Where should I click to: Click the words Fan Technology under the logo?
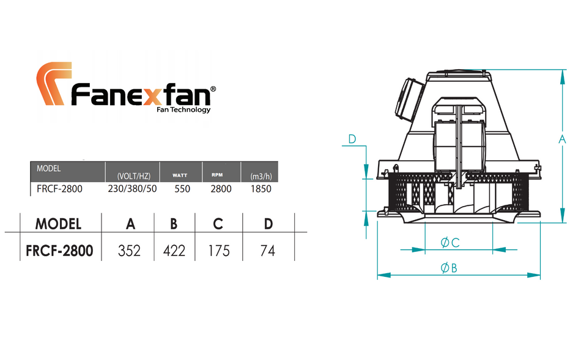[183, 110]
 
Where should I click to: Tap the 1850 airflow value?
[261, 189]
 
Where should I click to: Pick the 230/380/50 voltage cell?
[132, 189]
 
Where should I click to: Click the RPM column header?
[217, 174]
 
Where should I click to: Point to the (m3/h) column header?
[261, 177]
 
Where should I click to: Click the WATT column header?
[180, 175]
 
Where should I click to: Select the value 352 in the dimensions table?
[130, 251]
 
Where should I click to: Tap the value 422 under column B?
[174, 251]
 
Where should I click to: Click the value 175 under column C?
[218, 251]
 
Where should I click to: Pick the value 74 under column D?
[267, 251]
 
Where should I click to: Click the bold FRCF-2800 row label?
[59, 251]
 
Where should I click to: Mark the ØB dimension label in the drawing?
[449, 267]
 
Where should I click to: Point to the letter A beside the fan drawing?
[563, 140]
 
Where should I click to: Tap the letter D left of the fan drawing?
[352, 139]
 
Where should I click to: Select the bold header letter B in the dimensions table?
[174, 224]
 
